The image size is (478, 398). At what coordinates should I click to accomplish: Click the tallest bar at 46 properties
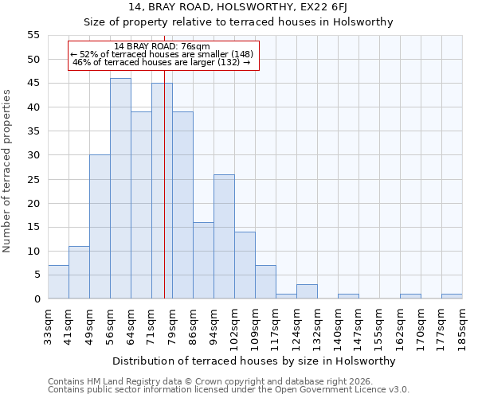coord(120,189)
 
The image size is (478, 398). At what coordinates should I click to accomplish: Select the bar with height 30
coord(100,227)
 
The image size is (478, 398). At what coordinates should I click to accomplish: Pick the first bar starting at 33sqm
coord(58,282)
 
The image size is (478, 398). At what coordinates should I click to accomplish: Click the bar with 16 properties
coord(203,260)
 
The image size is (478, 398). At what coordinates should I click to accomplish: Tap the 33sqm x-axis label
coord(48,326)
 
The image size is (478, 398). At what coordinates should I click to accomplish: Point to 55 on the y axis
coord(33,35)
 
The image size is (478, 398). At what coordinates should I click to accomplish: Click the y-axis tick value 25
coord(33,179)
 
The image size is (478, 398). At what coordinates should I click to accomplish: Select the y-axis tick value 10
coord(33,251)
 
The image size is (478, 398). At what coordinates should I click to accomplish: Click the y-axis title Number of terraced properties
coord(7,170)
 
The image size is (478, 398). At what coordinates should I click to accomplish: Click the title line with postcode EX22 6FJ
coord(238,8)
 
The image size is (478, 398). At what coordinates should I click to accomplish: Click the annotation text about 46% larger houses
coord(162,62)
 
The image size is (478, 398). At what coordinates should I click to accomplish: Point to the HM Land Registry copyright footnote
coord(210,381)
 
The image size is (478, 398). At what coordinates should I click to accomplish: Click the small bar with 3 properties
coord(307,291)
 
